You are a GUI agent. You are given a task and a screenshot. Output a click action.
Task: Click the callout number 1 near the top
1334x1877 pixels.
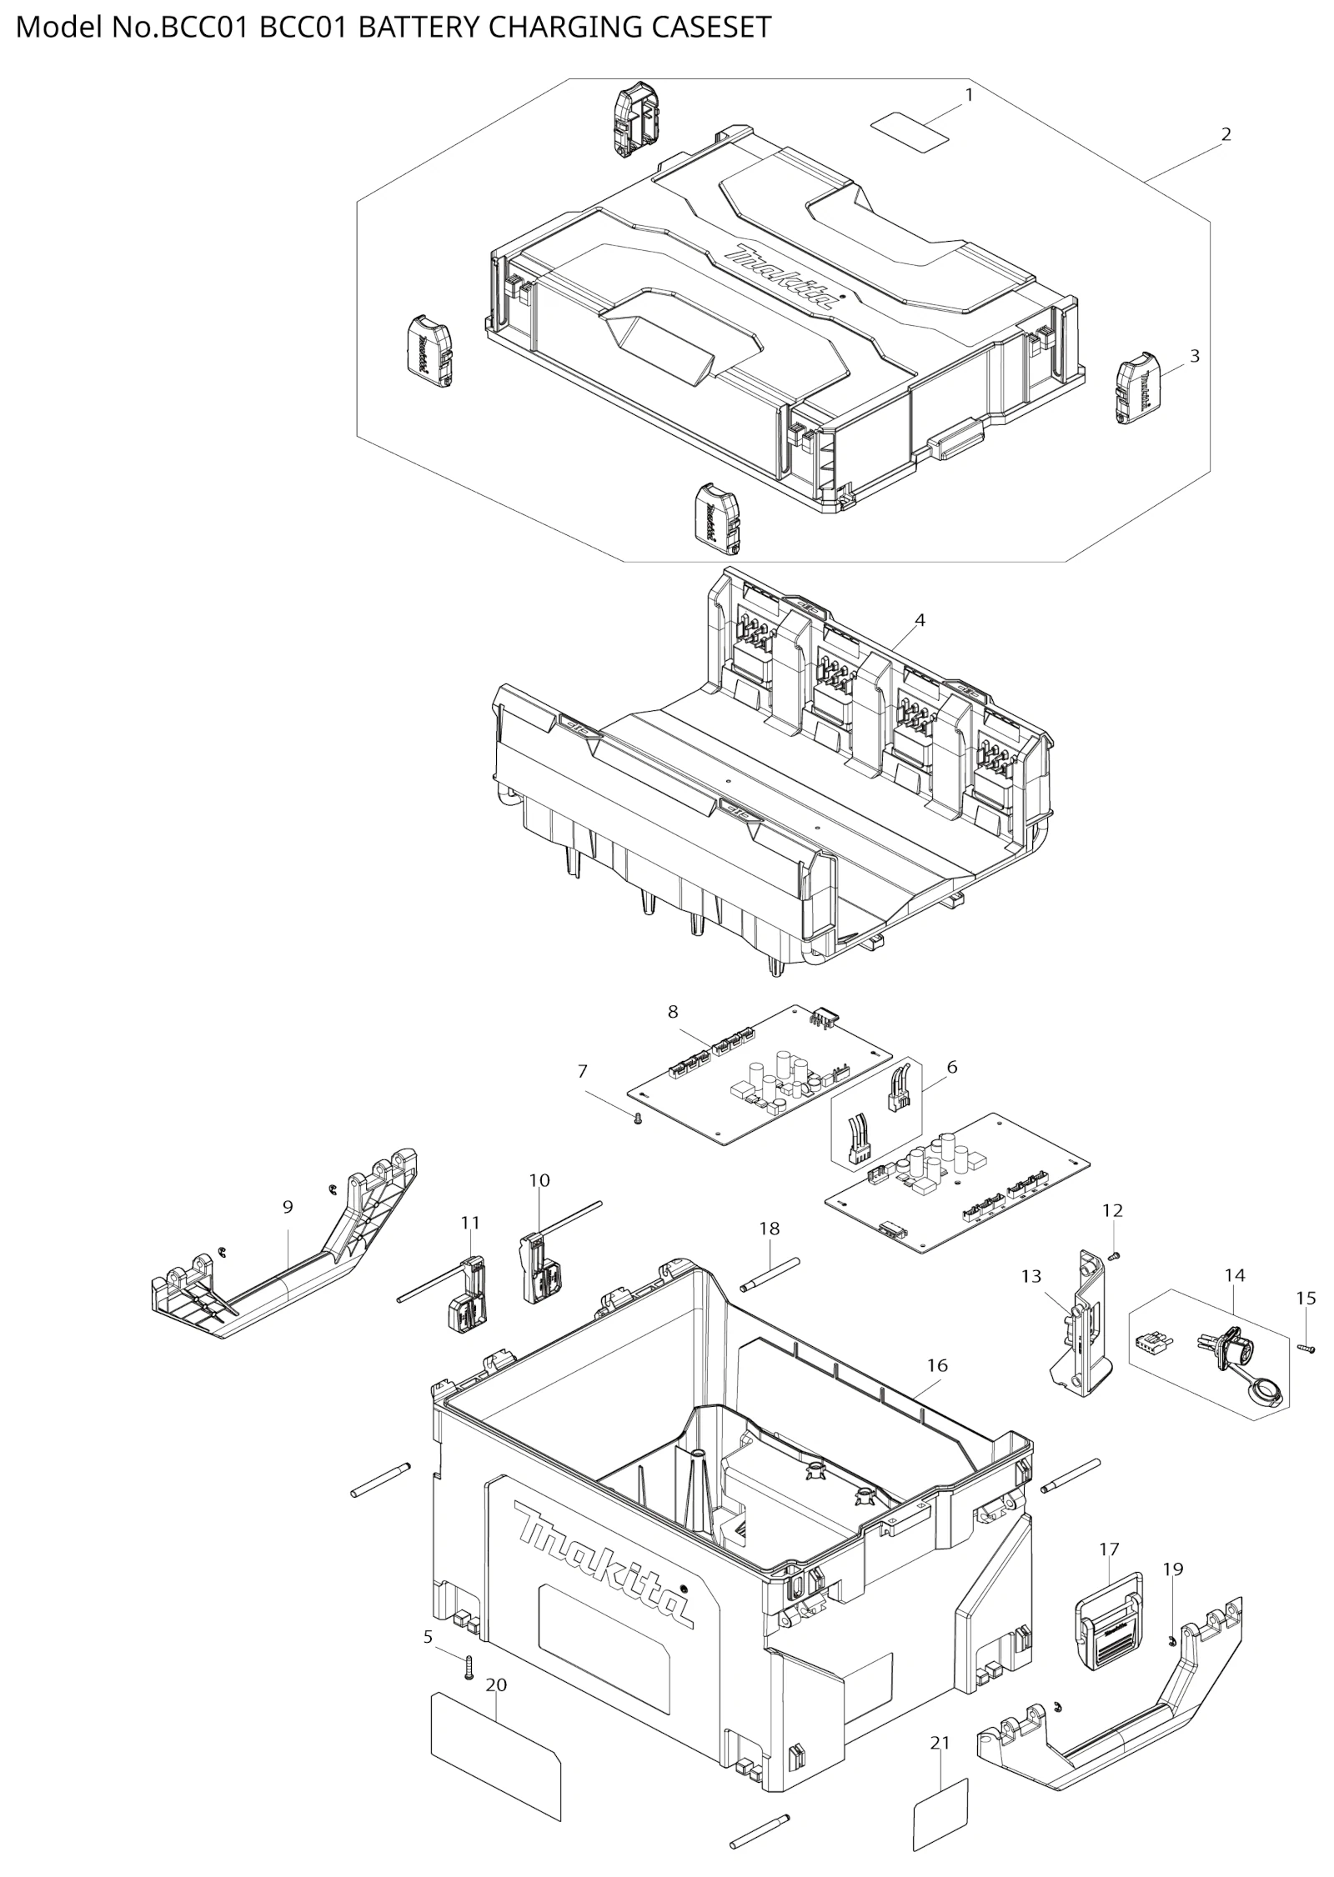coord(969,96)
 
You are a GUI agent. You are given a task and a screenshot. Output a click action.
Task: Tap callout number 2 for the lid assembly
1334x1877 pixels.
coord(1226,134)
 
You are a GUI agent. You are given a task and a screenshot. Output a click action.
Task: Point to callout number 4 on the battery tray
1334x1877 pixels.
coord(920,620)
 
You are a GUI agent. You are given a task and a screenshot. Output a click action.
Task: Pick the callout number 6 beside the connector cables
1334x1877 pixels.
coord(952,1067)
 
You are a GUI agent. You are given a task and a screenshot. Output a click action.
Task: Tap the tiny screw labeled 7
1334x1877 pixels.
coord(637,1118)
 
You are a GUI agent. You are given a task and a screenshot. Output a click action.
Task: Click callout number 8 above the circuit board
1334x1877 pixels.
coord(673,1012)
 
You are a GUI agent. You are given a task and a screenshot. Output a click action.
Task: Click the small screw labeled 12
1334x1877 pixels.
coord(1115,1254)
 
